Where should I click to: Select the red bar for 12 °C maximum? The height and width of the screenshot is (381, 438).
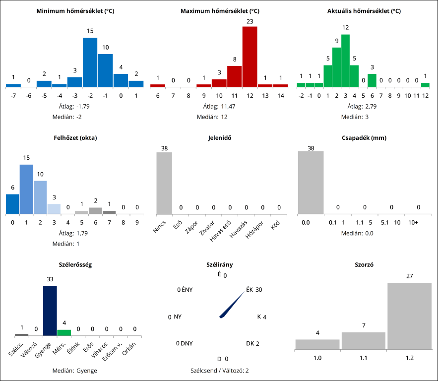(x=250, y=57)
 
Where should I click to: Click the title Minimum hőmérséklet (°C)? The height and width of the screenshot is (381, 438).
(x=75, y=10)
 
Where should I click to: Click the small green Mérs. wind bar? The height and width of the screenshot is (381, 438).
(x=64, y=332)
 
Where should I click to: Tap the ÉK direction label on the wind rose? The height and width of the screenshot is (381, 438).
(x=249, y=290)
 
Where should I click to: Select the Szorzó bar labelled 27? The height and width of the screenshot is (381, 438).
(x=409, y=316)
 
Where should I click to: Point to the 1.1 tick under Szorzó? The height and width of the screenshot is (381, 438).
(x=363, y=358)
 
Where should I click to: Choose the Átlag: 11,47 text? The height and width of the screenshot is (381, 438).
(x=219, y=106)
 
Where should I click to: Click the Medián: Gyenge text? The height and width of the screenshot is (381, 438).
(x=75, y=371)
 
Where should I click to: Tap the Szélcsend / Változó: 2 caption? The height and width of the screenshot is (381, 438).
(x=220, y=371)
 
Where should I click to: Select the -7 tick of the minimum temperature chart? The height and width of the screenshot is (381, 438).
(x=13, y=96)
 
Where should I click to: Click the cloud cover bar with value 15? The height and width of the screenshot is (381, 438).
(x=26, y=189)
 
